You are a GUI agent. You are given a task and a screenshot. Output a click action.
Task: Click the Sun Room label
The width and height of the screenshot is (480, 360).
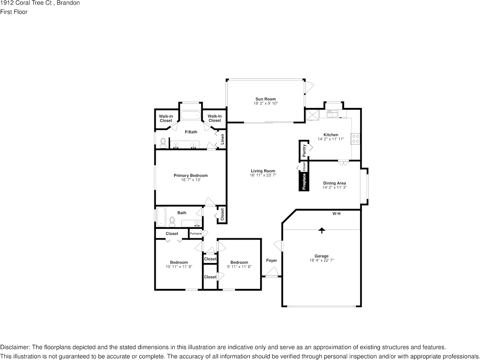[265, 99]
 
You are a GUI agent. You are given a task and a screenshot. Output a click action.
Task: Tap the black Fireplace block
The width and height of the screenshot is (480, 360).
[304, 181]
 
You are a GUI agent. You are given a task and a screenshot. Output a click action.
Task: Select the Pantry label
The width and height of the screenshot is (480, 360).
[304, 151]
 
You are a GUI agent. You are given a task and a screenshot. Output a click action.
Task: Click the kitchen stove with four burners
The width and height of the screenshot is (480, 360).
[356, 139]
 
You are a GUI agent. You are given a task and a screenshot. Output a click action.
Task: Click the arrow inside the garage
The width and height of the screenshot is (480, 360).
[322, 230]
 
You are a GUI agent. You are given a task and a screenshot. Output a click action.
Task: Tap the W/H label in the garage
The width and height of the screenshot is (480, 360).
[336, 214]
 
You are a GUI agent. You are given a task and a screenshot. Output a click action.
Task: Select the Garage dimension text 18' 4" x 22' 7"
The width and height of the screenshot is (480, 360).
[321, 260]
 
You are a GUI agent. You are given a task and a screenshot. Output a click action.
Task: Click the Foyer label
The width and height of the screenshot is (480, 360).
[271, 260]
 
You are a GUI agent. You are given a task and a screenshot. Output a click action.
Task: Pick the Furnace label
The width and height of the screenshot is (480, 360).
[196, 233]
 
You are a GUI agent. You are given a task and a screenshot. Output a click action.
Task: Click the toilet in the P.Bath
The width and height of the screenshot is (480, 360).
[163, 143]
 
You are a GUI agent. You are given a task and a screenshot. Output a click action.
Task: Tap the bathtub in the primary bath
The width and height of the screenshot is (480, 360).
[190, 115]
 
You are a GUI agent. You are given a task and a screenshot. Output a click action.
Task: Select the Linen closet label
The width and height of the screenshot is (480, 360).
[223, 139]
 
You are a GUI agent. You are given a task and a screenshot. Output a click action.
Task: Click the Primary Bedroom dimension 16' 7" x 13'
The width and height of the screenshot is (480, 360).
[191, 180]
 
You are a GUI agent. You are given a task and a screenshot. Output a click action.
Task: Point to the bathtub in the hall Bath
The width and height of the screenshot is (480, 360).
[161, 217]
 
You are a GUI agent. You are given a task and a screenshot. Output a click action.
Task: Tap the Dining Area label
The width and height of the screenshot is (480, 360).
[334, 183]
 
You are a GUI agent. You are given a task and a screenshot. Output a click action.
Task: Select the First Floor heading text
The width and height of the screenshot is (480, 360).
[14, 12]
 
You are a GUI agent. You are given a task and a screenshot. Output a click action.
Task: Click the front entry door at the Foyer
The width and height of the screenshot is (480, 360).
[272, 273]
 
